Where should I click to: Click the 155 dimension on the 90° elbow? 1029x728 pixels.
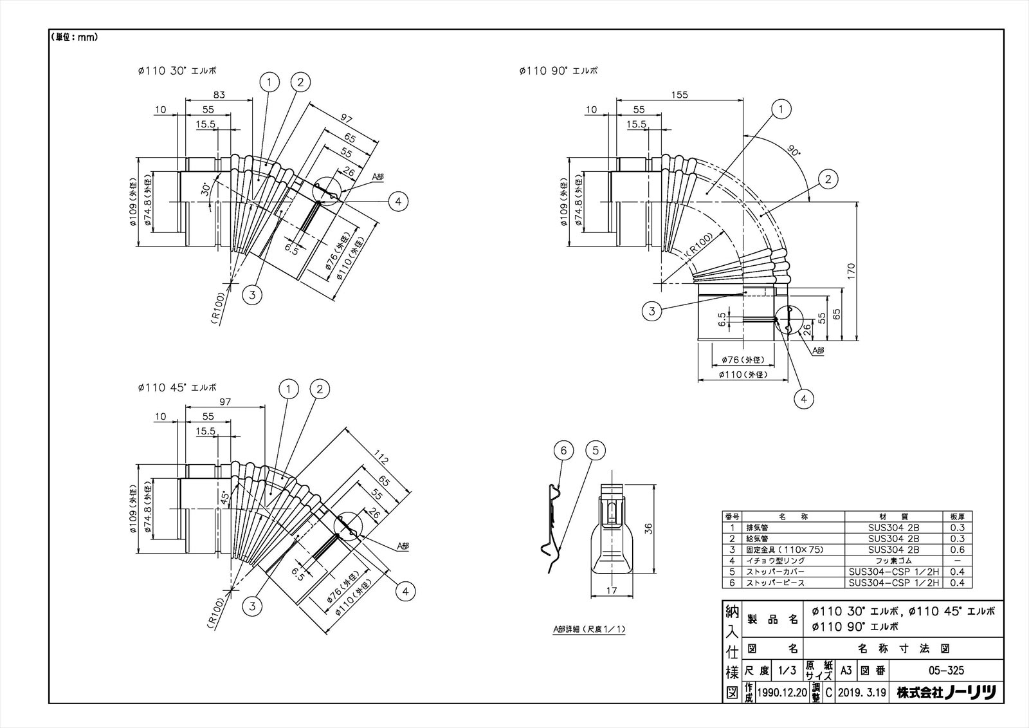[679, 95]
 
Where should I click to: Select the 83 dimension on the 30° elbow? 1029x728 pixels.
[219, 95]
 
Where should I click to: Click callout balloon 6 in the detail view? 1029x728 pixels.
[563, 451]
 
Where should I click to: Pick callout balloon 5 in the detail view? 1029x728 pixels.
[596, 451]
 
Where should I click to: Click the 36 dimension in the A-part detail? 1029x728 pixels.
[648, 528]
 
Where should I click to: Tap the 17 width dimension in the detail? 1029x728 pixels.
[611, 590]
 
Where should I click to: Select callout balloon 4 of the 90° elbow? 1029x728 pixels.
[804, 399]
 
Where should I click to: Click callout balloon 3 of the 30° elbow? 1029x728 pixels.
[253, 295]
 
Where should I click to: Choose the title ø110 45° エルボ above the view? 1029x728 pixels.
[178, 388]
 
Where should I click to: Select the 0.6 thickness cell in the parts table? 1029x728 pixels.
[958, 550]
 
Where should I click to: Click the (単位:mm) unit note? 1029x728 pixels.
[74, 37]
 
